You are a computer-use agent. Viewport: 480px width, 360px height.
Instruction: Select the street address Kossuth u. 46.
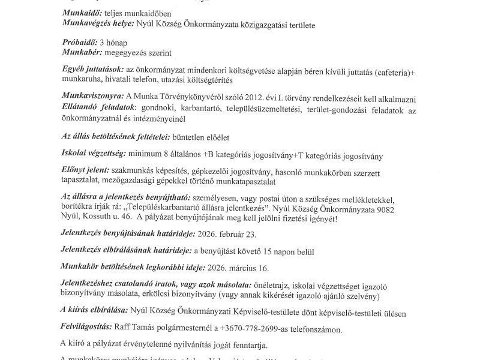pyautogui.click(x=106, y=219)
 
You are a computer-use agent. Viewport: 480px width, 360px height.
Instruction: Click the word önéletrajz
pyautogui.click(x=274, y=284)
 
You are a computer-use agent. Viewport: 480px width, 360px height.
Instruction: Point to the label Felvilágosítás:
pyautogui.click(x=86, y=328)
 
